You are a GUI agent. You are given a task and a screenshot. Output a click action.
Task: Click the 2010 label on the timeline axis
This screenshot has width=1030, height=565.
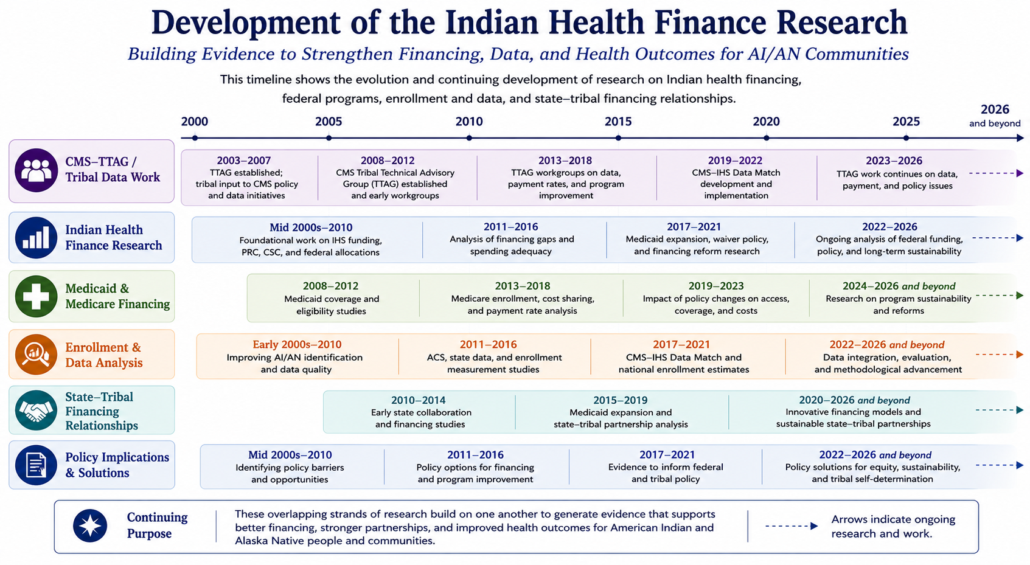469,122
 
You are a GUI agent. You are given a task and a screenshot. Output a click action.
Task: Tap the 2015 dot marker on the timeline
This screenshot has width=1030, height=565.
618,138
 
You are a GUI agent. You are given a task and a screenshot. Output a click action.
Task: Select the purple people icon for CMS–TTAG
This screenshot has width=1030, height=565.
37,170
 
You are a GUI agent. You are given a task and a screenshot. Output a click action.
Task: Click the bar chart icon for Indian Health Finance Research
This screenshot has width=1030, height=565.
36,238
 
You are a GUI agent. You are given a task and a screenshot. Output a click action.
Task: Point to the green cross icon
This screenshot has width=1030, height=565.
36,296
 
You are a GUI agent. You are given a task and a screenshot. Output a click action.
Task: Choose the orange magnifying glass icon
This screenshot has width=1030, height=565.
36,355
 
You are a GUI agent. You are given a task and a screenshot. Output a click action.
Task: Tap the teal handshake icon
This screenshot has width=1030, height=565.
36,410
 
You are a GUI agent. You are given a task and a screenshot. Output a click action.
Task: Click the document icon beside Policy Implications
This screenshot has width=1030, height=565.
36,465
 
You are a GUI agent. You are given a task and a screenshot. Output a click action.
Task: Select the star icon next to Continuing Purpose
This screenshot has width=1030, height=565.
90,525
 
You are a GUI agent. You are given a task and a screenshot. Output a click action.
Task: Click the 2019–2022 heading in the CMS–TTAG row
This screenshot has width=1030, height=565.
735,161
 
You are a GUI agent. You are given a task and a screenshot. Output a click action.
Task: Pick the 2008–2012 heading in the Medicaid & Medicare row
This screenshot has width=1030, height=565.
330,286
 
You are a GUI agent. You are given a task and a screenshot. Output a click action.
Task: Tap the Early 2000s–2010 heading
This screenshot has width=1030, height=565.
297,344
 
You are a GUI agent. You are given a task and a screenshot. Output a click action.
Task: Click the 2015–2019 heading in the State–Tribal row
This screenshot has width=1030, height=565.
621,400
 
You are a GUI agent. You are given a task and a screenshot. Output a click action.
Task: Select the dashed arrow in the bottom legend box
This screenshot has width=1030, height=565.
792,526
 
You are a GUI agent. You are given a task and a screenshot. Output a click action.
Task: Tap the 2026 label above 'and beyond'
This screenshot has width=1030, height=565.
995,109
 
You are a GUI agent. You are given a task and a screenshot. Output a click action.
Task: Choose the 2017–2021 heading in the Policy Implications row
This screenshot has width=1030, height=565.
667,455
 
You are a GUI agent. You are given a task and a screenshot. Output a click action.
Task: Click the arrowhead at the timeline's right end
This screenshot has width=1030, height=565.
1020,138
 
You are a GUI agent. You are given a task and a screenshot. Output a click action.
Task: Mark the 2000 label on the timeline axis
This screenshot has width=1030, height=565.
195,122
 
